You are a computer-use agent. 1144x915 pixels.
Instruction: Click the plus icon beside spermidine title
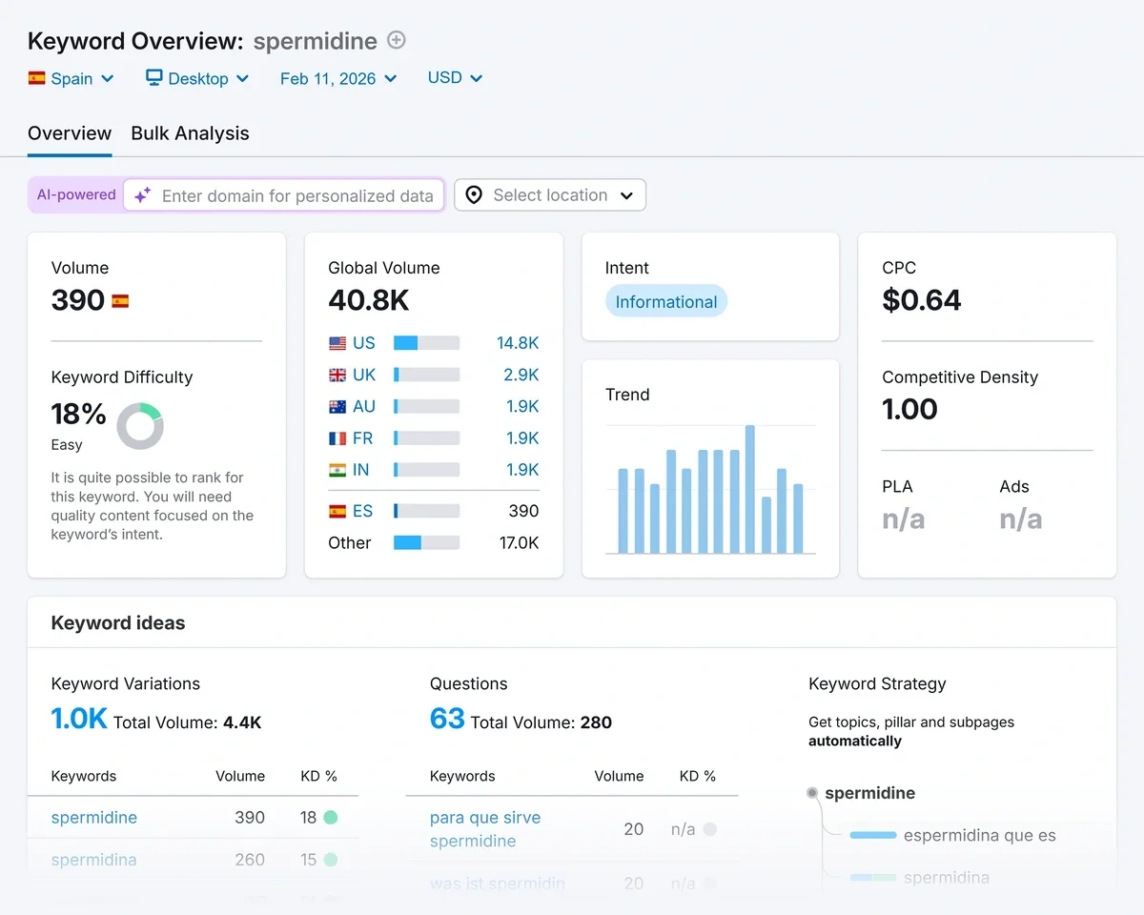click(397, 40)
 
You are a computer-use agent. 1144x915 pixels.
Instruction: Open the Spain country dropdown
click(71, 78)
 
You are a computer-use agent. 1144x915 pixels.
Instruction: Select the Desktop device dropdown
click(197, 78)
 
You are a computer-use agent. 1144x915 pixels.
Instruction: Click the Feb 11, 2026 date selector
click(338, 78)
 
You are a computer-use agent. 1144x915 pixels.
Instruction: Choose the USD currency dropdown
click(455, 78)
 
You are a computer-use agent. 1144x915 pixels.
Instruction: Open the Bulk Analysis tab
click(190, 133)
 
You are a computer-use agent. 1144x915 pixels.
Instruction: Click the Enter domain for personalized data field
click(296, 195)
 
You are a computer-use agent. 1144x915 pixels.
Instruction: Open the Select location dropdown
click(550, 195)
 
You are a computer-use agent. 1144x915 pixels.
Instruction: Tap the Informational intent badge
click(665, 302)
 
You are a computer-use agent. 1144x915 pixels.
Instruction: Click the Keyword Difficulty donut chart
click(140, 426)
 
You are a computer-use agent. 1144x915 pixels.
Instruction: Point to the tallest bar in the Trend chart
click(750, 489)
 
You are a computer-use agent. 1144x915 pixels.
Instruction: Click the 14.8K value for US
click(518, 343)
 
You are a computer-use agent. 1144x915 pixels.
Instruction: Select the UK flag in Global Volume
click(337, 376)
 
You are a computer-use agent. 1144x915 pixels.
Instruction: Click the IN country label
click(362, 470)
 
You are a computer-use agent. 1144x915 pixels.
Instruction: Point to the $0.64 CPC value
click(921, 300)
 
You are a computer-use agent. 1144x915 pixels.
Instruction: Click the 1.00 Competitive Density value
click(909, 409)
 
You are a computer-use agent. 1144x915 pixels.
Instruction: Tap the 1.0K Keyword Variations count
click(78, 719)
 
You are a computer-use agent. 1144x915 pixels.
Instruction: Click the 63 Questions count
click(447, 719)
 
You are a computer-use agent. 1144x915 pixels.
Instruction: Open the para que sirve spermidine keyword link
click(484, 829)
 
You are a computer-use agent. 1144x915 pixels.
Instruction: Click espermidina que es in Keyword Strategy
click(979, 836)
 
